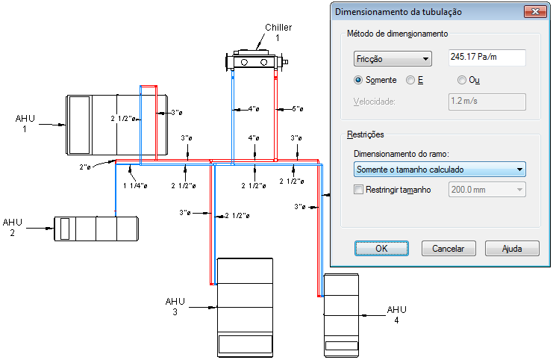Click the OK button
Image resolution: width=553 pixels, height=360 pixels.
(381, 248)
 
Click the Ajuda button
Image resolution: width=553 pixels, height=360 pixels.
(512, 248)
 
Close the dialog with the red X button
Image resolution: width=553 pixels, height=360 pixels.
(535, 11)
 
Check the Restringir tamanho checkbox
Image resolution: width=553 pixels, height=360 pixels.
(358, 190)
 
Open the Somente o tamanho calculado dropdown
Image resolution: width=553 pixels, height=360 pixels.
(439, 170)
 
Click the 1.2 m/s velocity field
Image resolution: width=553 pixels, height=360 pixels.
(487, 102)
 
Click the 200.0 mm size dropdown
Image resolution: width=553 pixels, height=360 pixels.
(487, 190)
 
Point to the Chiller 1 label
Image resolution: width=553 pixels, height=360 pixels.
(278, 32)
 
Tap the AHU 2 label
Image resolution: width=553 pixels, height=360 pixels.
(13, 227)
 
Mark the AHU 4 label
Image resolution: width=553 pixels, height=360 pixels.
(396, 314)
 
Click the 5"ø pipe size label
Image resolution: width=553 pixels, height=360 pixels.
(298, 109)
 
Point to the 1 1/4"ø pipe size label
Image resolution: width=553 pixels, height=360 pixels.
(135, 185)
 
